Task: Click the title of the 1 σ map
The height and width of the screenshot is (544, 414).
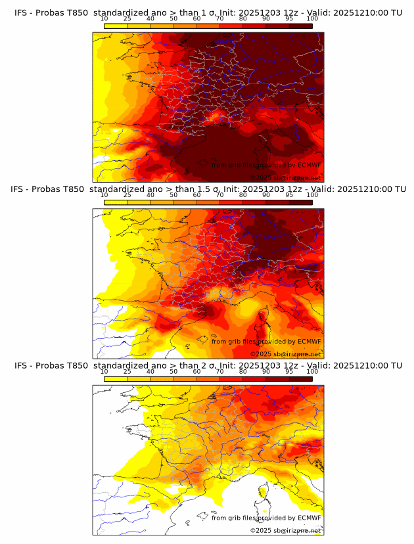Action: point(208,12)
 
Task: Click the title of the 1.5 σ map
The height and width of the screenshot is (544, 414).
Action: point(208,189)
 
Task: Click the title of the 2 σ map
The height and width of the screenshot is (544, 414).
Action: point(208,365)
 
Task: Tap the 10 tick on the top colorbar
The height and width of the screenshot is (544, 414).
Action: point(104,18)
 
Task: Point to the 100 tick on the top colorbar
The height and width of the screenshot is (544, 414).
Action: point(312,18)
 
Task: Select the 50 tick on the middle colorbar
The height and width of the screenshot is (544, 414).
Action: point(173,195)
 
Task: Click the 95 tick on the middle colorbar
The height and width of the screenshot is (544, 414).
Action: point(289,195)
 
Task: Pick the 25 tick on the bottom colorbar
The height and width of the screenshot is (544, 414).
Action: point(127,372)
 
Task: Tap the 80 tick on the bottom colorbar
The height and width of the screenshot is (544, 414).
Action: point(243,372)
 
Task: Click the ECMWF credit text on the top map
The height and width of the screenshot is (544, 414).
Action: point(266,165)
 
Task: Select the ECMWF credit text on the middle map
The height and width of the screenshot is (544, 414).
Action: point(266,341)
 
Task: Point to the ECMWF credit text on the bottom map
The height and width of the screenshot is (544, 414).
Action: point(266,518)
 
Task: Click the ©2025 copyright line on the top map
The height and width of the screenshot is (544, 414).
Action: point(285,177)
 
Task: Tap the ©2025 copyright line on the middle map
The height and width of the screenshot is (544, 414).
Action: point(285,353)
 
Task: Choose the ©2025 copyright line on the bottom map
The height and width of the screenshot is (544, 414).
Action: point(285,530)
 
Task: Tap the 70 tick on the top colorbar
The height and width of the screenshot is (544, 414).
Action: point(219,18)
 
